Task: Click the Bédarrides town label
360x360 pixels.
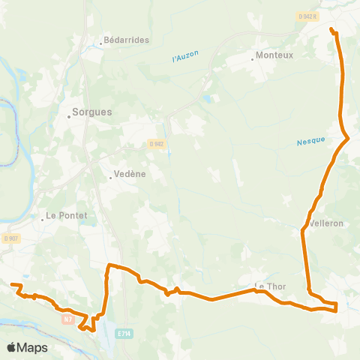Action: [127, 40]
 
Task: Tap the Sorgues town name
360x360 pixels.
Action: [91, 112]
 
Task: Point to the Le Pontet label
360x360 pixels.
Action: [67, 216]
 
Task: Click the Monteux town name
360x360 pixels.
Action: [274, 55]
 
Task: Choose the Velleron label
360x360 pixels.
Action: [326, 223]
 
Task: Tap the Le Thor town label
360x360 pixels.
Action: [271, 286]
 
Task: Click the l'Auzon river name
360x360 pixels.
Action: [184, 57]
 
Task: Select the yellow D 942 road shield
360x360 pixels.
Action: [156, 144]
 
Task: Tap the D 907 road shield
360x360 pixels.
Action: [10, 238]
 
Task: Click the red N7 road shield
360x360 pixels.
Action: [68, 319]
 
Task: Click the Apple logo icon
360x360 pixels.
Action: [12, 347]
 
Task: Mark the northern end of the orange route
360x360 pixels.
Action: [331, 29]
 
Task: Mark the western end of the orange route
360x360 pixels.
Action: [12, 284]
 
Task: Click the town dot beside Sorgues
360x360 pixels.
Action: [68, 115]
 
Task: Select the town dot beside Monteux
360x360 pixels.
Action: [253, 59]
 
